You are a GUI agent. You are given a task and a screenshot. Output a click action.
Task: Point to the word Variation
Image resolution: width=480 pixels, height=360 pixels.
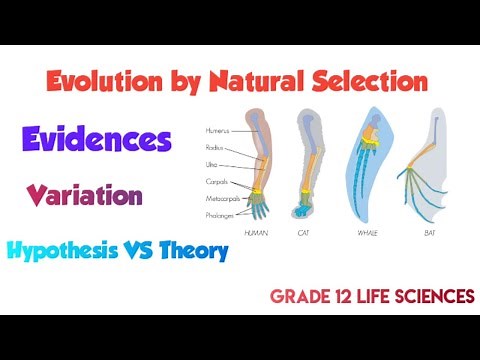(x=84, y=194)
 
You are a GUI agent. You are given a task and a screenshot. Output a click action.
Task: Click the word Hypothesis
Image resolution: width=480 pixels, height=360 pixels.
(x=68, y=250)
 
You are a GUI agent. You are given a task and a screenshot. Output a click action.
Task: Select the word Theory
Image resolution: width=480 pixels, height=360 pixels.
(x=199, y=250)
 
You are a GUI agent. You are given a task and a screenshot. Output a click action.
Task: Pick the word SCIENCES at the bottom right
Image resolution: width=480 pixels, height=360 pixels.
(x=431, y=296)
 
